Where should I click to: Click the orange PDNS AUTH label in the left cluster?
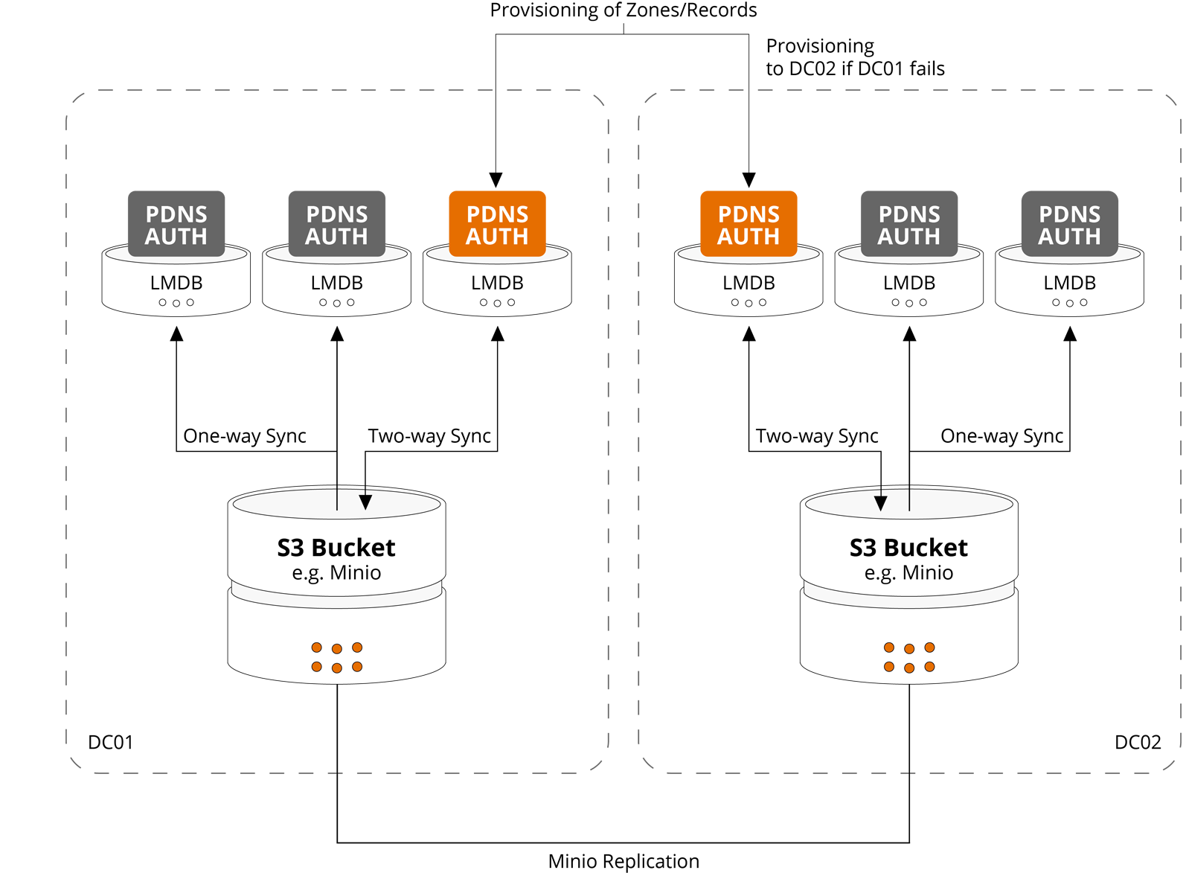(497, 226)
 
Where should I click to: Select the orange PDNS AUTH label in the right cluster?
(749, 226)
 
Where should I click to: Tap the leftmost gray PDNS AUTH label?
(176, 226)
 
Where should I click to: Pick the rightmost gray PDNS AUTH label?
(1069, 226)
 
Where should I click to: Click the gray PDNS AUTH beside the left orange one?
(337, 226)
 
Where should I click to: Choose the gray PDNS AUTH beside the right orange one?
(908, 226)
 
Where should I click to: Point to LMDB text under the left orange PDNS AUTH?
(497, 283)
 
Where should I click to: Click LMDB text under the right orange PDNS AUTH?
(749, 283)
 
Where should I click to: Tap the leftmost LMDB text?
(176, 283)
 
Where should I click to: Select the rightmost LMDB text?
(1069, 283)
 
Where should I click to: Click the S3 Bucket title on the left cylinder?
(336, 548)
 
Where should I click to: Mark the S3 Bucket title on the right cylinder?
(908, 548)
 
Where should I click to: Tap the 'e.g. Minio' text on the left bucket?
(336, 572)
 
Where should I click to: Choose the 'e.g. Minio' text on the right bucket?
(908, 572)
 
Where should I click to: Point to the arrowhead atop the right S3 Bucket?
(880, 502)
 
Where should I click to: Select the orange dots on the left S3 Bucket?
(337, 657)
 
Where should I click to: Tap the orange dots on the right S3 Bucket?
(908, 657)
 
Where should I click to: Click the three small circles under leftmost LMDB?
(176, 303)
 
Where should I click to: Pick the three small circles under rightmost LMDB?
(1069, 303)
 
